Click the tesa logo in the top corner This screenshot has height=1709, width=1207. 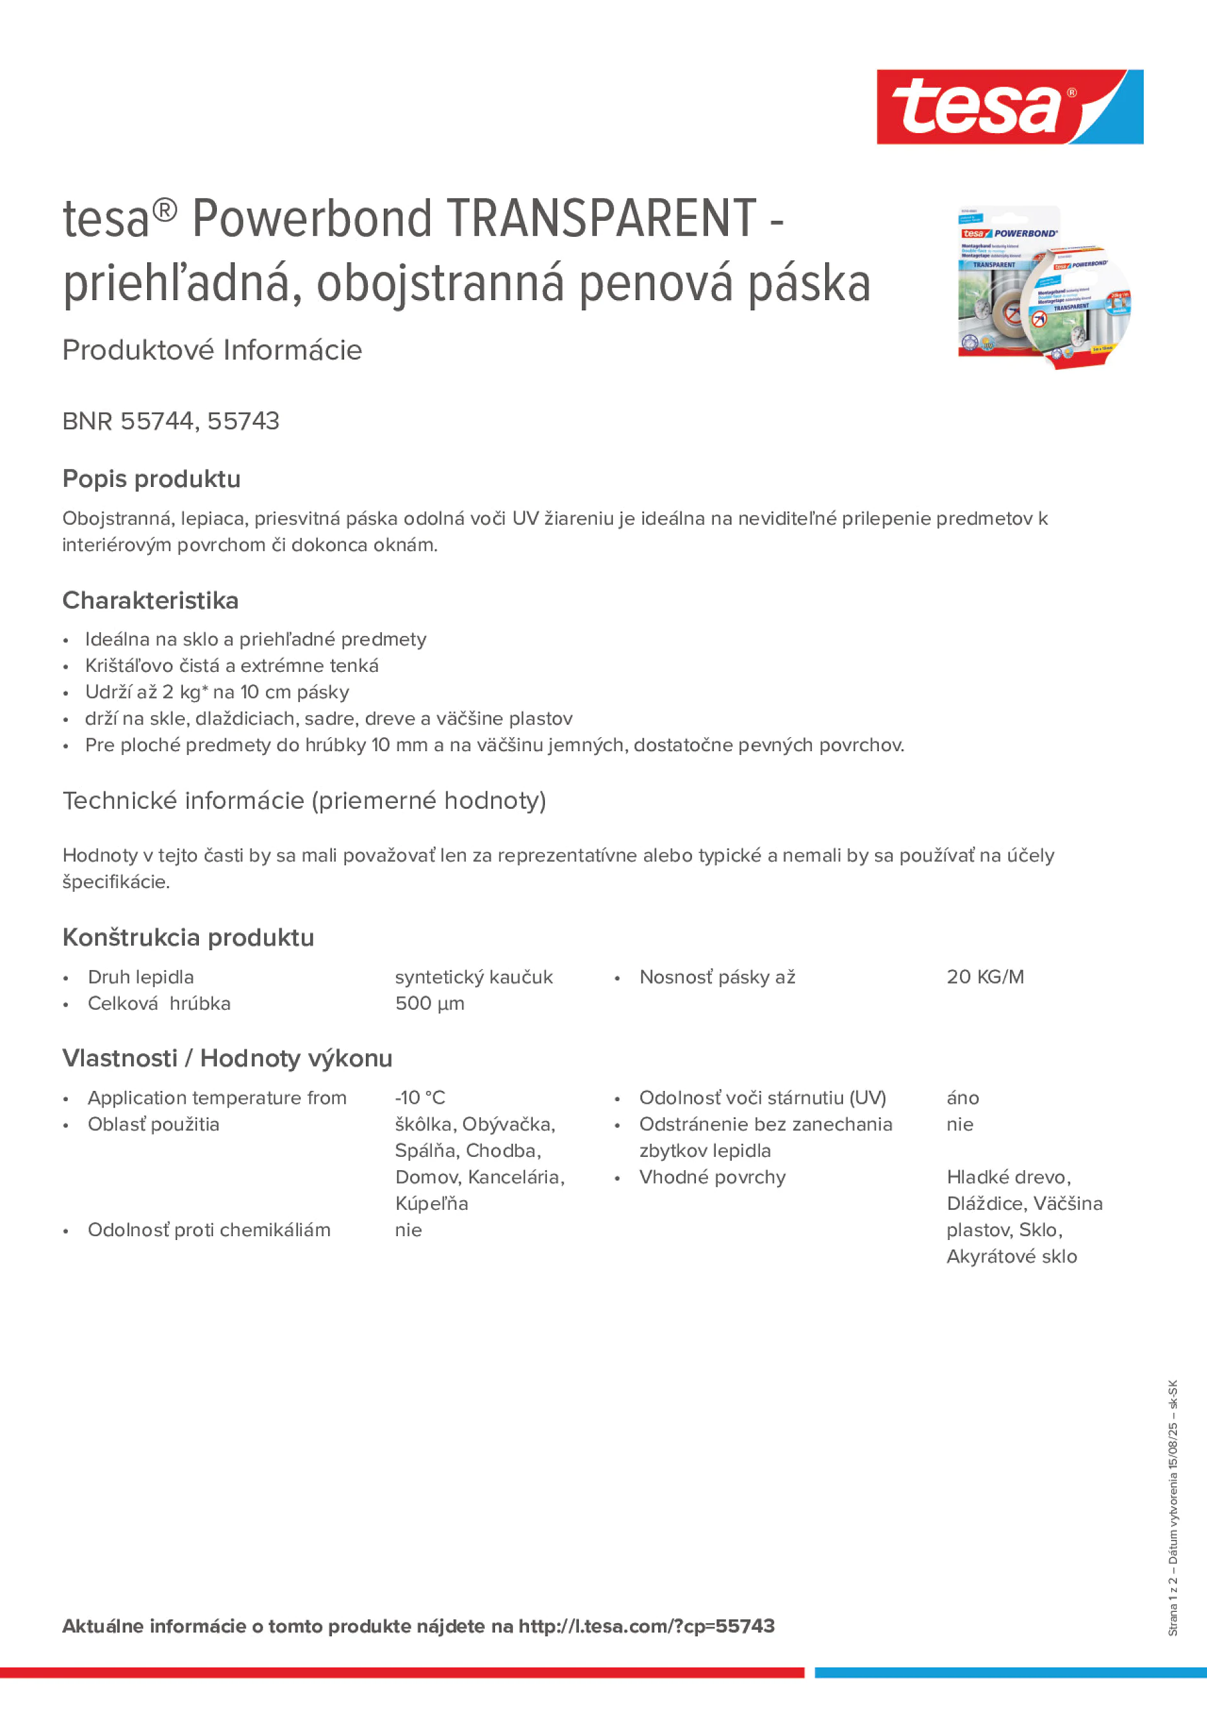[1009, 107]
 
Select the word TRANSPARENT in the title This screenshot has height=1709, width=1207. [601, 219]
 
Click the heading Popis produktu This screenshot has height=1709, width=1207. [151, 479]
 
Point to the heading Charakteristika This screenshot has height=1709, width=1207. [150, 600]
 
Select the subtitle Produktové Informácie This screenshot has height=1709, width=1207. [212, 350]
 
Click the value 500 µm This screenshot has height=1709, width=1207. [429, 1003]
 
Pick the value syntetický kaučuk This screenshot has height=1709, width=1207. [473, 976]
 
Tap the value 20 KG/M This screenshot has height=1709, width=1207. [984, 976]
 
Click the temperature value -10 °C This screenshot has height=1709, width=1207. [420, 1097]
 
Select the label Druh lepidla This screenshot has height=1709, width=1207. [141, 976]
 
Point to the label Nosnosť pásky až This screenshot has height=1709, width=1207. [716, 976]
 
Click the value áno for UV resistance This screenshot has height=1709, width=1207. [962, 1097]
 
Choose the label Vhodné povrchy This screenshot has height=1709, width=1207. [711, 1177]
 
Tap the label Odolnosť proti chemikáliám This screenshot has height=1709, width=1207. [209, 1230]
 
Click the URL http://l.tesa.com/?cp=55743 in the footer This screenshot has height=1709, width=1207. [646, 1626]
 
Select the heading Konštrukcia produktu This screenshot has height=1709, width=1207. [188, 937]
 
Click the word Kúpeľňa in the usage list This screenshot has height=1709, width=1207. [431, 1204]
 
